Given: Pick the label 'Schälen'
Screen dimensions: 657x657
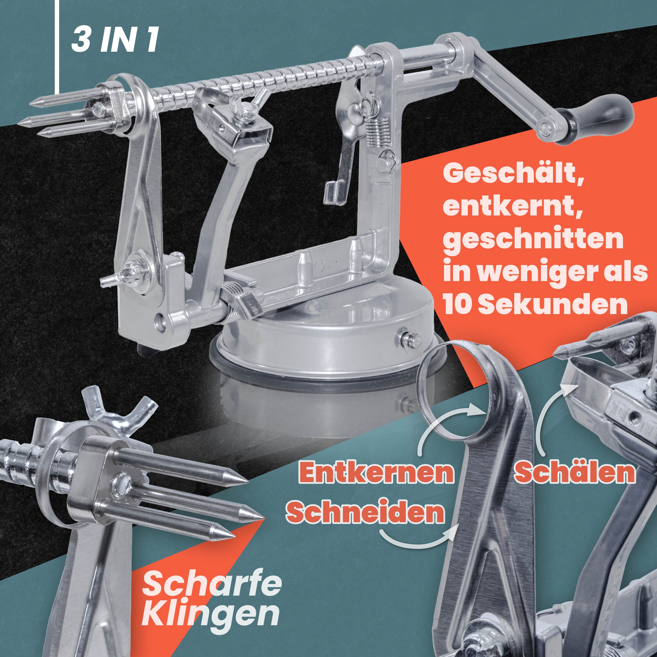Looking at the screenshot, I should pos(574,472).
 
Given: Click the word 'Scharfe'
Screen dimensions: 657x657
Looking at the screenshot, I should pos(212,584).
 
